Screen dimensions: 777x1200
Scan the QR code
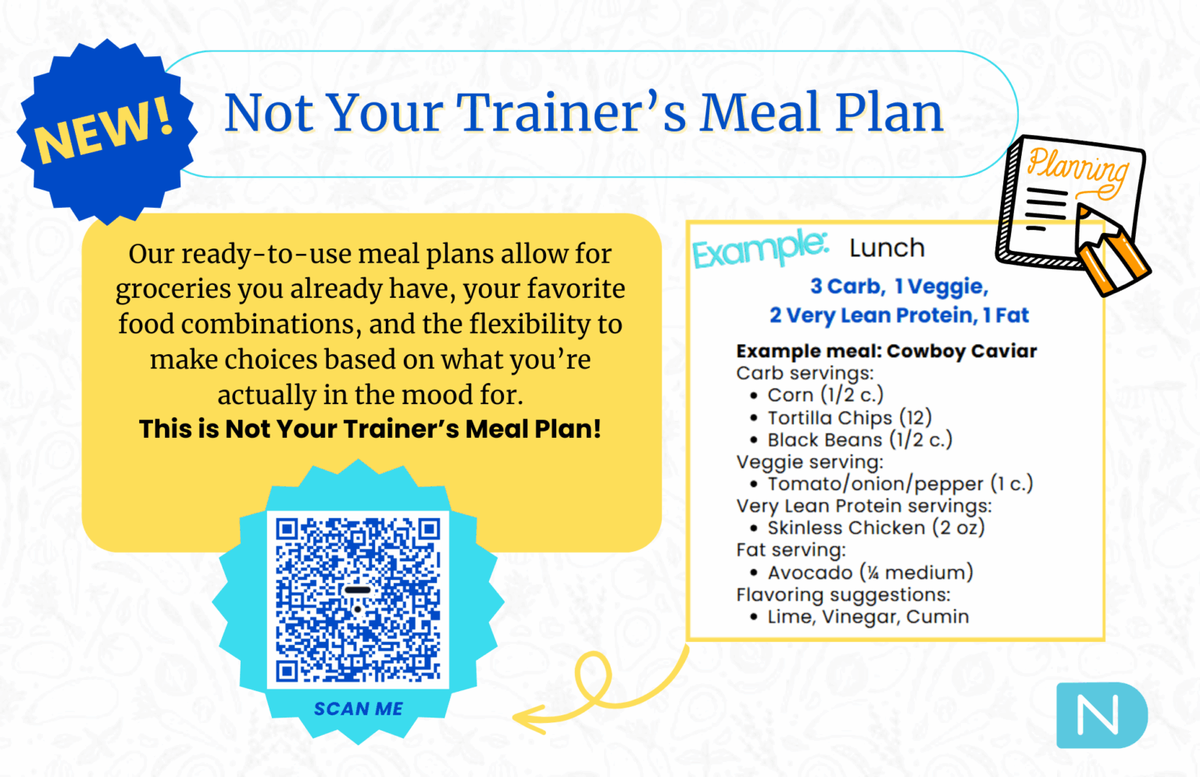pyautogui.click(x=358, y=600)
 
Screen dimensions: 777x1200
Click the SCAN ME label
pyautogui.click(x=358, y=709)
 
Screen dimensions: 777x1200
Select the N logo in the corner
pyautogui.click(x=1100, y=714)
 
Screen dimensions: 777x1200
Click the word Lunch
pyautogui.click(x=887, y=249)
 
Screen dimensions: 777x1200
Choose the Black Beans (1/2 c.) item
pyautogui.click(x=859, y=440)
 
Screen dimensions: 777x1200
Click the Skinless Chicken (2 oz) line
pyautogui.click(x=875, y=528)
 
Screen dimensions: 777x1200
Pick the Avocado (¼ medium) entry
pyautogui.click(x=870, y=573)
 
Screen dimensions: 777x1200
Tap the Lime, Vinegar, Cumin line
pyautogui.click(x=867, y=617)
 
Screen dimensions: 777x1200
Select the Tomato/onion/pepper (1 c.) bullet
pyautogui.click(x=899, y=484)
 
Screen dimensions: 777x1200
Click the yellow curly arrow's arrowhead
pyautogui.click(x=525, y=718)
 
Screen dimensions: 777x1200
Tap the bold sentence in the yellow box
pyautogui.click(x=370, y=429)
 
